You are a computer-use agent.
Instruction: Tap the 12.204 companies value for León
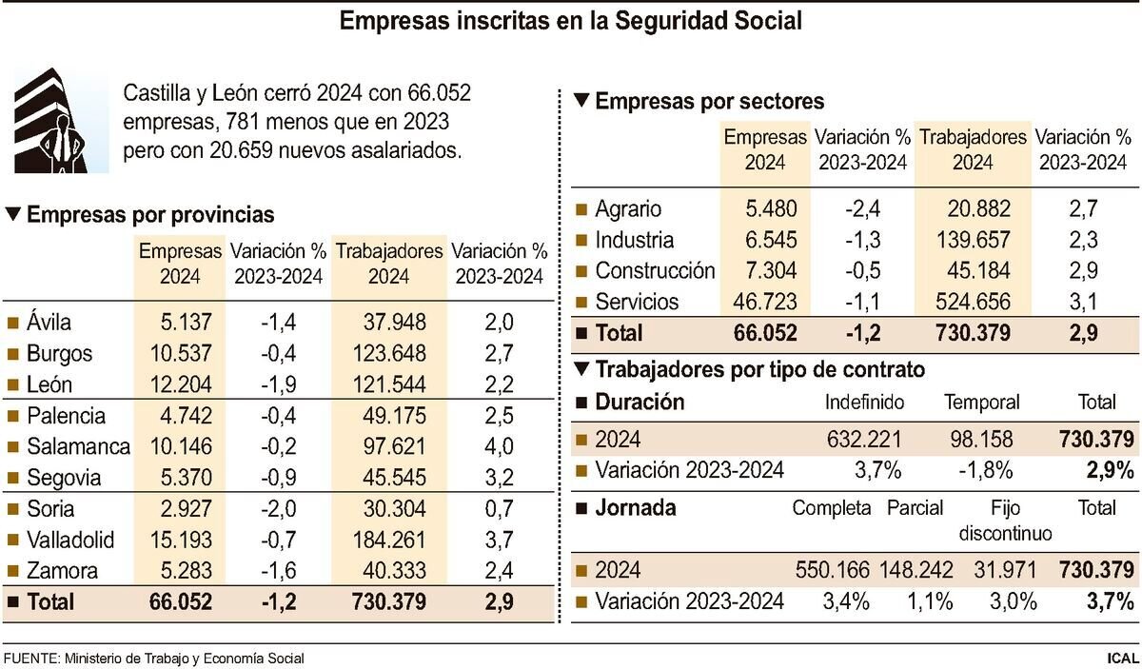[x=180, y=384]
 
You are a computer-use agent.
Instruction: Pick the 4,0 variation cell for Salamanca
[x=499, y=446]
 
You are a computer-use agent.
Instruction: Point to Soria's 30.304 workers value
[x=394, y=509]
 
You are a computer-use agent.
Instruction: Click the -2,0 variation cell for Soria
[x=278, y=509]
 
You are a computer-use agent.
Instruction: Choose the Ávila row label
[x=49, y=322]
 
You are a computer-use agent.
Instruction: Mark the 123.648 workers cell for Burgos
[x=389, y=353]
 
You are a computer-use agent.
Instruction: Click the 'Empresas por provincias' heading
[x=150, y=215]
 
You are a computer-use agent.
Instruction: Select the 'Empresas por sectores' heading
[x=709, y=101]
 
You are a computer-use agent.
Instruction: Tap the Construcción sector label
[x=654, y=271]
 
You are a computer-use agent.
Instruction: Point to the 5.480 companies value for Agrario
[x=765, y=209]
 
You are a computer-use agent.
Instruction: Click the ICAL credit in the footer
[x=1122, y=658]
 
